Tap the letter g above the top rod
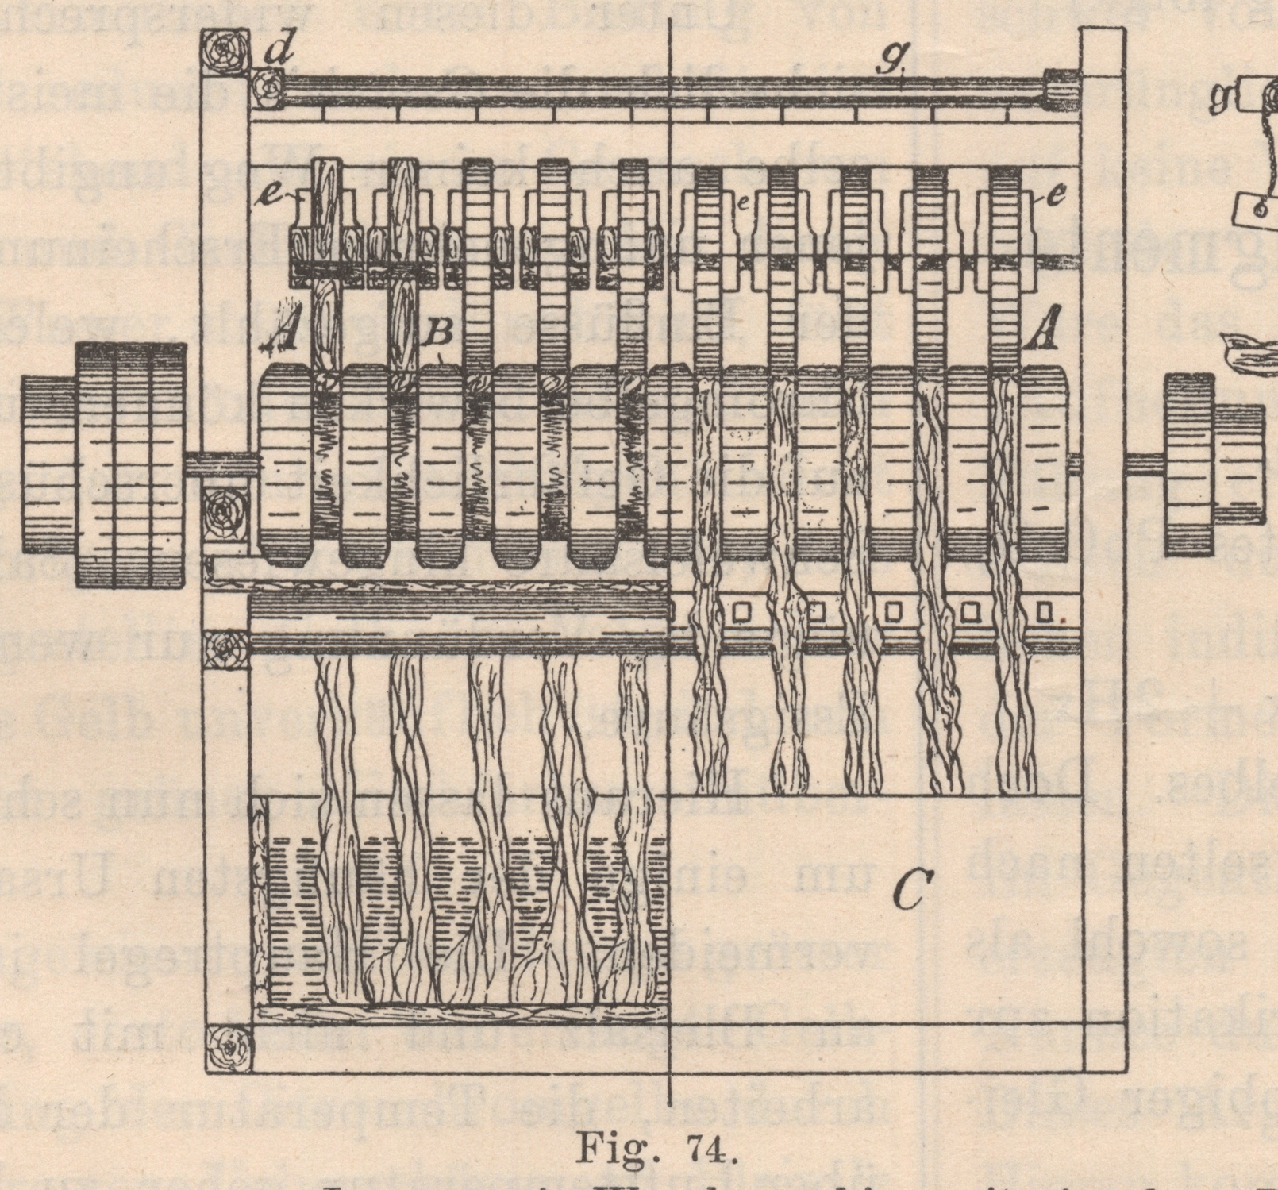pyautogui.click(x=894, y=57)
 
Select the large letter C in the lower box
pyautogui.click(x=908, y=890)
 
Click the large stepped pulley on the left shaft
pyautogui.click(x=103, y=465)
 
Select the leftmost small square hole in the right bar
pyautogui.click(x=741, y=613)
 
